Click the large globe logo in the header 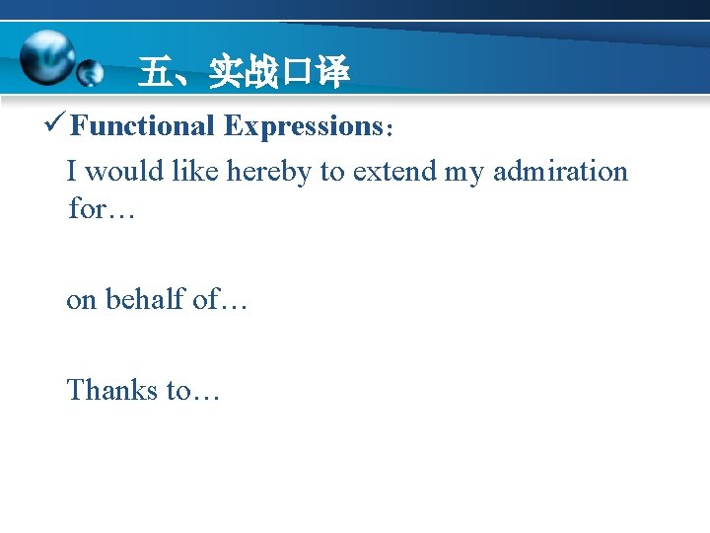pos(46,55)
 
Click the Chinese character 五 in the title pos(154,72)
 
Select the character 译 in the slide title pos(333,72)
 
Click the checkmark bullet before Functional pos(55,125)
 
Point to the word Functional pos(143,126)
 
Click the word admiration pos(560,172)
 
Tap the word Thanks pos(111,391)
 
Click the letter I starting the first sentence pos(71,172)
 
